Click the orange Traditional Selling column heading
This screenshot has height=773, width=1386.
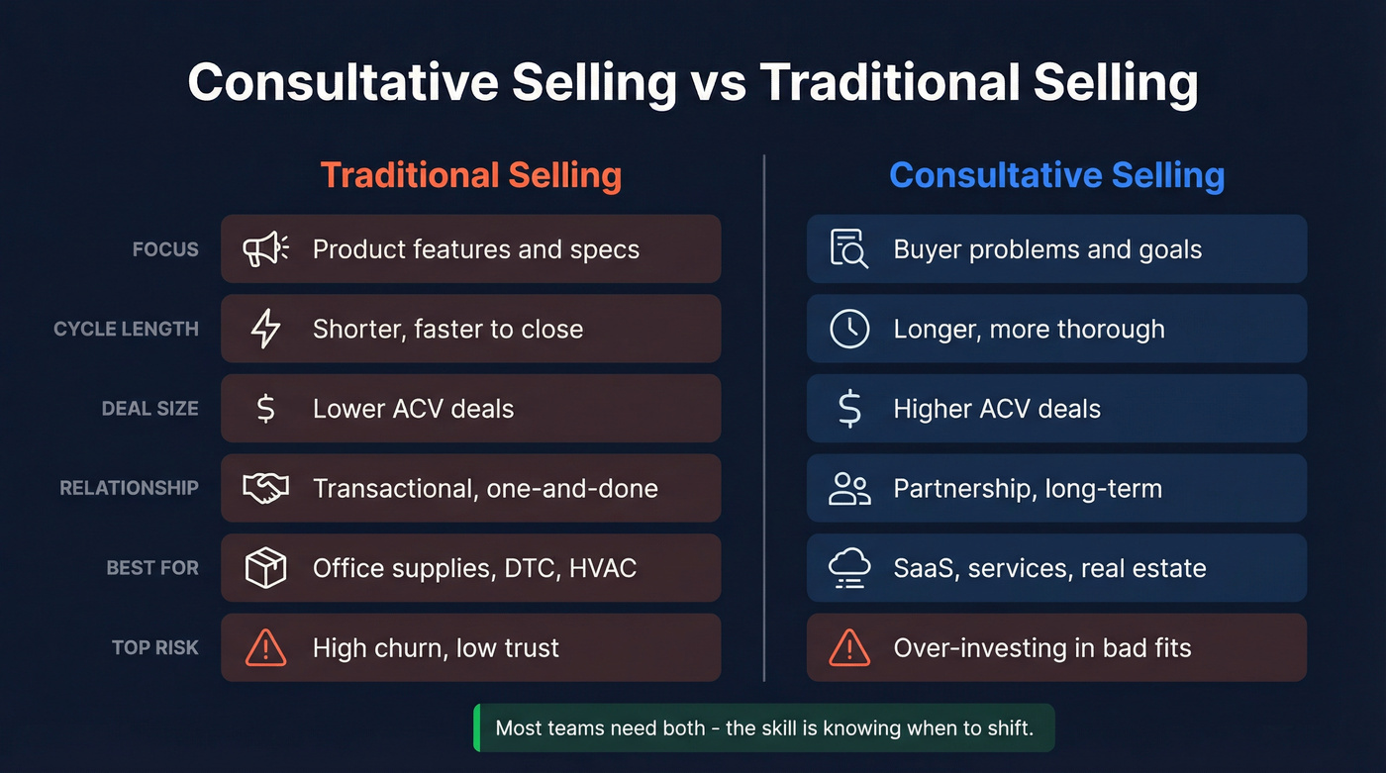[471, 175]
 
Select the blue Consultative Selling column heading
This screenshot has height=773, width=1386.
[1056, 175]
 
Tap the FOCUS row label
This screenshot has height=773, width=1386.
[165, 249]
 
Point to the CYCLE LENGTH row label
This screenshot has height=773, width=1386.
[126, 329]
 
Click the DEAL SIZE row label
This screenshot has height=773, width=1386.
[149, 409]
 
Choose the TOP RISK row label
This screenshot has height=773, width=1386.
[154, 648]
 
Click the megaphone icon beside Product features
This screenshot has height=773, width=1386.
[265, 249]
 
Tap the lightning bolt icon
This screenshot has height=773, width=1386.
[265, 329]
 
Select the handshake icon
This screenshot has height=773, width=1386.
[265, 488]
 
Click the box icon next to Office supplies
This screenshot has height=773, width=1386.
[265, 568]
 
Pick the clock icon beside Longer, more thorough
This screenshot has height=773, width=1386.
[849, 329]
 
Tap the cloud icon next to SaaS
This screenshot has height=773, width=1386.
[849, 568]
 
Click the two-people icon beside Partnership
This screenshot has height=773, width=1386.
[849, 488]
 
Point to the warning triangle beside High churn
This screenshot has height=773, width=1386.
[265, 648]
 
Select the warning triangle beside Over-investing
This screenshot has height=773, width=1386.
[849, 648]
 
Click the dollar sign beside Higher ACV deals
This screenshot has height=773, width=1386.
[849, 409]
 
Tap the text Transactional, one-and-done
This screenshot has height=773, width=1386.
[485, 488]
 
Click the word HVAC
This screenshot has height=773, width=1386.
[602, 568]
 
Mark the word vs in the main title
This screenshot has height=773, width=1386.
[718, 83]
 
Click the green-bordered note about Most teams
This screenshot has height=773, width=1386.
[763, 728]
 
